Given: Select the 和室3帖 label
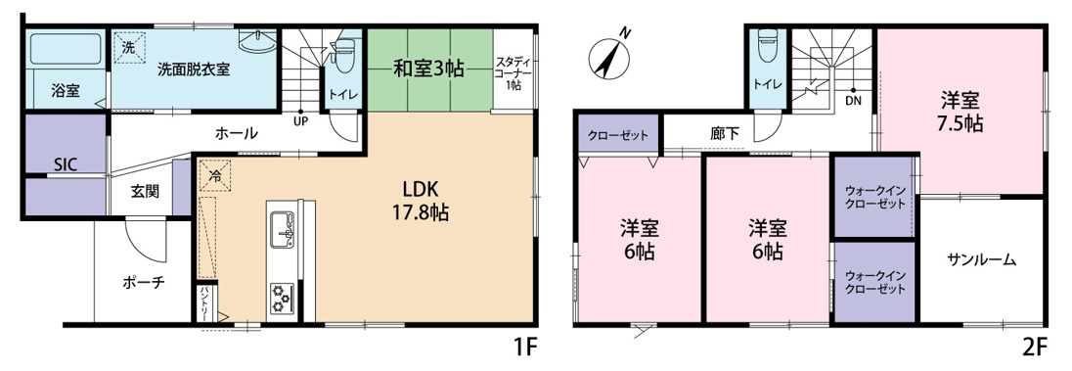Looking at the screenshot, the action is click(x=428, y=68).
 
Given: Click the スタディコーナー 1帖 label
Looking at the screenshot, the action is click(x=513, y=72).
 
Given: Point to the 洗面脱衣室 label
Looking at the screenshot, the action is click(x=194, y=69).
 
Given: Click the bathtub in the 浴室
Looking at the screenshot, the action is click(x=67, y=49).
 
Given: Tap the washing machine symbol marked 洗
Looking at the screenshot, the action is click(x=130, y=48).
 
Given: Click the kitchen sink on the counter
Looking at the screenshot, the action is click(x=283, y=230).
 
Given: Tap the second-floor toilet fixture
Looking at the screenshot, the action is click(x=769, y=45).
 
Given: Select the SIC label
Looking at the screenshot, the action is click(x=66, y=163).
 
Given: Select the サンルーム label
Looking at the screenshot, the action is click(x=982, y=260).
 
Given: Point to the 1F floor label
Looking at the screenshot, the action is click(x=527, y=349).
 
